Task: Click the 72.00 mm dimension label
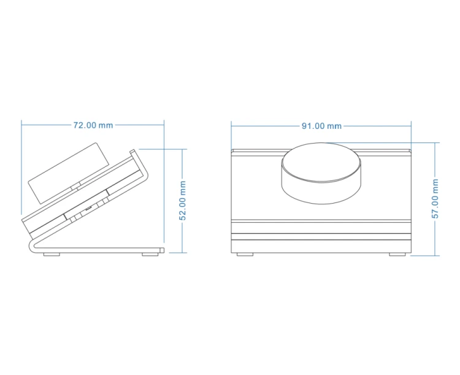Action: click(93, 125)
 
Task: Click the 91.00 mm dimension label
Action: click(321, 126)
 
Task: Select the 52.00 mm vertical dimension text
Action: click(183, 201)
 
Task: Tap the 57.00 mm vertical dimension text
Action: click(435, 199)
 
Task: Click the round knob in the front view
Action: click(321, 173)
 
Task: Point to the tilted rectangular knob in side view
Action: click(69, 173)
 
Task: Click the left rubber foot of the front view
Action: click(245, 254)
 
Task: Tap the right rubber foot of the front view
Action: click(397, 254)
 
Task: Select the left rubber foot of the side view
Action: click(52, 254)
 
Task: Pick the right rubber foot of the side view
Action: click(150, 254)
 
